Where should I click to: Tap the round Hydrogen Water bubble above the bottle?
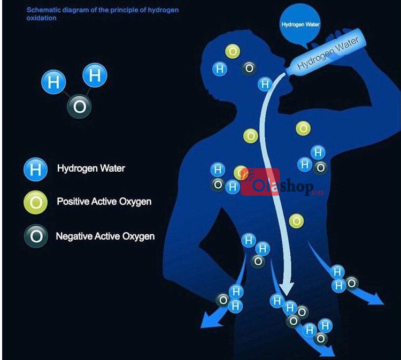[x=300, y=25]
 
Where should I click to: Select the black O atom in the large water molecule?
[x=79, y=107]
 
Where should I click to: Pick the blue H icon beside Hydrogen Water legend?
[x=35, y=170]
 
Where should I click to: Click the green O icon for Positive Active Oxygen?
[x=35, y=203]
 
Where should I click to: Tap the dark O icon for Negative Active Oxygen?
[x=35, y=236]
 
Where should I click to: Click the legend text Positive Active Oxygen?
[x=104, y=202]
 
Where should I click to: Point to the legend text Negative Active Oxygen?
[x=105, y=235]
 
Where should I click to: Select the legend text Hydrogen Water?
[x=91, y=168]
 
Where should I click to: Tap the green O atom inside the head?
[x=233, y=51]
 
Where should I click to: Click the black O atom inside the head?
[x=249, y=68]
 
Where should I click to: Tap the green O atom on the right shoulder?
[x=303, y=128]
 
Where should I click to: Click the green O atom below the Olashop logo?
[x=296, y=220]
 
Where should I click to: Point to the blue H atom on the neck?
[x=265, y=84]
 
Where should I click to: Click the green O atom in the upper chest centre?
[x=251, y=136]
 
